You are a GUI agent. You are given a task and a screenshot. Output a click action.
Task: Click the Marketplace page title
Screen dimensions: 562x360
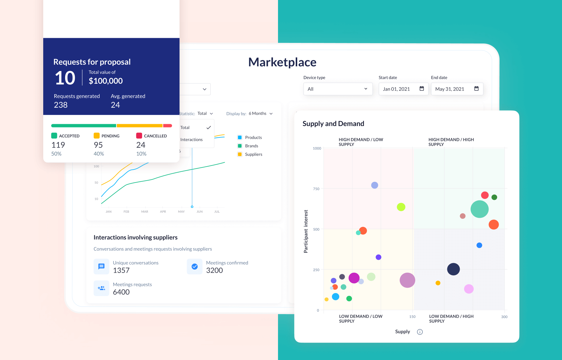coord(282,62)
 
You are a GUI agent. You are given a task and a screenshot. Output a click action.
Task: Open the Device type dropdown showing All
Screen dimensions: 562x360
coord(338,89)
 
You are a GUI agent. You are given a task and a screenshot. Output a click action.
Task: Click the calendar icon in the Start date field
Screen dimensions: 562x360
coord(421,88)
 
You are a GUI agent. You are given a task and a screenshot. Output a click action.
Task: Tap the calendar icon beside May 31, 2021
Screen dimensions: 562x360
coord(476,88)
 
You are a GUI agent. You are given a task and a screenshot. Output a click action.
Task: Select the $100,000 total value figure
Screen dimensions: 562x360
coord(106,81)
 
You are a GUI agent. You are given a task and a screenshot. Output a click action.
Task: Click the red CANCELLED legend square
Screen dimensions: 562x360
coord(139,136)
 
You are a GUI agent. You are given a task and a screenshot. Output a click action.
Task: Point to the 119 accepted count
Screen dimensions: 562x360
coord(58,145)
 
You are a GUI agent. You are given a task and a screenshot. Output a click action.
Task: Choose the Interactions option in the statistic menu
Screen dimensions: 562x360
coord(192,139)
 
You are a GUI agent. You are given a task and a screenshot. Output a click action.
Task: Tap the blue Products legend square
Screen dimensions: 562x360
coord(240,137)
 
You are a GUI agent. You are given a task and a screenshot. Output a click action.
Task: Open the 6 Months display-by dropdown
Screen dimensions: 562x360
coord(261,113)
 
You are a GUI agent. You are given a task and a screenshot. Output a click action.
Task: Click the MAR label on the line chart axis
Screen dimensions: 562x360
coord(145,212)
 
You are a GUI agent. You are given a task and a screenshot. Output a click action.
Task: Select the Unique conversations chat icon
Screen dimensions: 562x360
coord(101,266)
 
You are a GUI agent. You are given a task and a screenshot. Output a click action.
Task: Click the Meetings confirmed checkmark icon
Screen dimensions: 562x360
coord(195,266)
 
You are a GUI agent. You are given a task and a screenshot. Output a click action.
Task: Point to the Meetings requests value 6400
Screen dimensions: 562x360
coord(121,292)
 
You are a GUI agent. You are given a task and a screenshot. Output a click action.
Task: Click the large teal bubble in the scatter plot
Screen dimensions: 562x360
coord(479,209)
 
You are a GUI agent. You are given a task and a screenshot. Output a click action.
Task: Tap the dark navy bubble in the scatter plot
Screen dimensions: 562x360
coord(453,269)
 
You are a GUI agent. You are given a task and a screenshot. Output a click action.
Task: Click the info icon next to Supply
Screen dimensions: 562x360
coord(420,332)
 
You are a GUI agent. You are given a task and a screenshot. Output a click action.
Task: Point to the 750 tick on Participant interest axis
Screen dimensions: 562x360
coord(316,189)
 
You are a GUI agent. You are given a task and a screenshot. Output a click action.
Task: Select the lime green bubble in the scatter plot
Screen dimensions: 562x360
coord(401,207)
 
